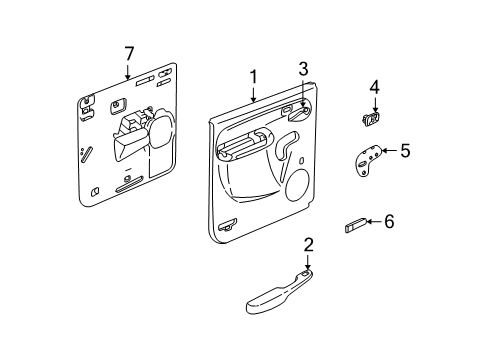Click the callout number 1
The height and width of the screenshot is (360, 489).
click(253, 76)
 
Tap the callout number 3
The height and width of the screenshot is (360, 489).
click(301, 69)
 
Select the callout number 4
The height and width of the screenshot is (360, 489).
click(374, 89)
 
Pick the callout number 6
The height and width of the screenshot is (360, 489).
click(390, 222)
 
